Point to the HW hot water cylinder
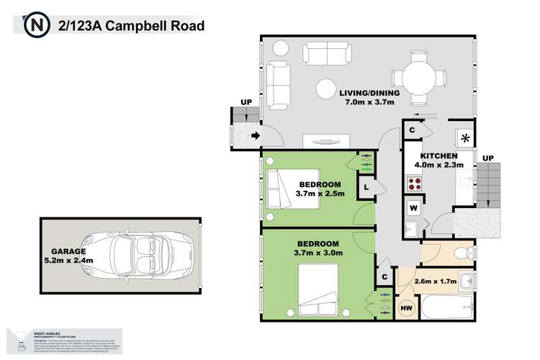click(x=407, y=309)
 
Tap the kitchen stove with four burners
click(x=415, y=183)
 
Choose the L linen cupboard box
click(x=366, y=187)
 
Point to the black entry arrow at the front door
click(x=255, y=135)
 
